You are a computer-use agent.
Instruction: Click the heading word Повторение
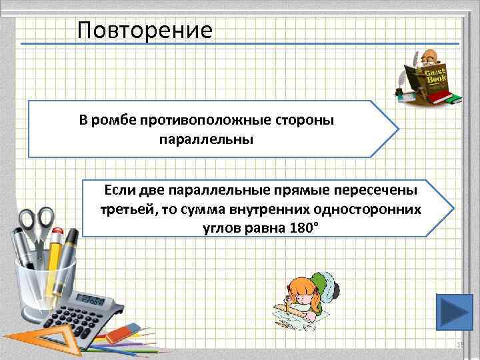click(x=144, y=30)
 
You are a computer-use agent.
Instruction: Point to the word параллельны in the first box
click(x=207, y=141)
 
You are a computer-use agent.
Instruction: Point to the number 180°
click(x=287, y=229)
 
